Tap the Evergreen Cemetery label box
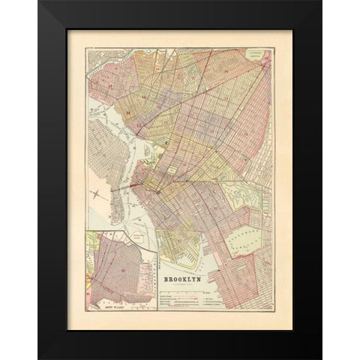pos(256,55)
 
